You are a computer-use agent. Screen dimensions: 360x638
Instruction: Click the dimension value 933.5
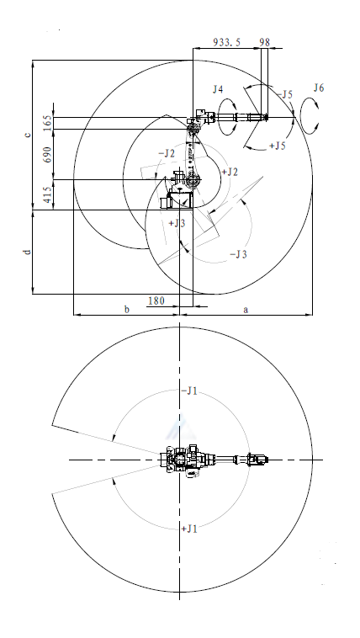click(227, 42)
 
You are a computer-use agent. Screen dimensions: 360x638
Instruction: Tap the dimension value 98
click(264, 42)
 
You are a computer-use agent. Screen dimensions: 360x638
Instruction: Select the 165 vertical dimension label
click(48, 123)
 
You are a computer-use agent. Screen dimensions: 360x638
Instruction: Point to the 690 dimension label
click(48, 155)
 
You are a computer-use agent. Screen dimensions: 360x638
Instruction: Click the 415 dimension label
click(48, 195)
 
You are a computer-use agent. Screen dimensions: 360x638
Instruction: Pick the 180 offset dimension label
click(156, 300)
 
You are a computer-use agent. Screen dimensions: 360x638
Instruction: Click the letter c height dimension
click(28, 135)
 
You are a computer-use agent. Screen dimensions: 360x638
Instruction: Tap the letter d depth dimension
click(27, 252)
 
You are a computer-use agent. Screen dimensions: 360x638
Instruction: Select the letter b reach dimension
click(126, 309)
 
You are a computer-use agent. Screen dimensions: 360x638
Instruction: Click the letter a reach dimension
click(246, 310)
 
